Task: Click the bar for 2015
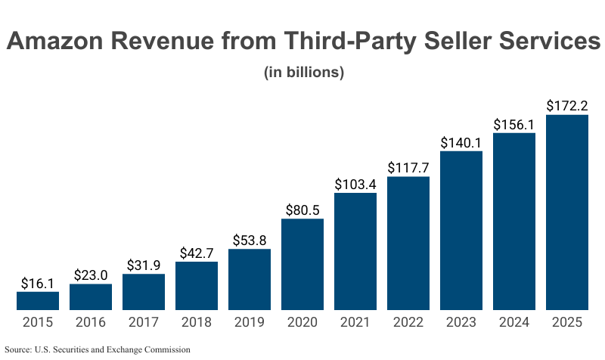[38, 301]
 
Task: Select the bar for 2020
[302, 264]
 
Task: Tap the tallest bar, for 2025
[567, 213]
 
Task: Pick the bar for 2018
[197, 286]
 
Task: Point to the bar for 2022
[408, 244]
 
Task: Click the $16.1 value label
[38, 283]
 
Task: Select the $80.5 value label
[302, 209]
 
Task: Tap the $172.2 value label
[567, 105]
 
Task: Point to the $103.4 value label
[355, 184]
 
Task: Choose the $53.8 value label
[250, 240]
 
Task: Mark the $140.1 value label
[461, 141]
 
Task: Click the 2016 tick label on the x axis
[91, 322]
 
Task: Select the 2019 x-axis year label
[250, 322]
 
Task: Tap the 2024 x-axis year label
[514, 322]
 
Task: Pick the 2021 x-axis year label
[355, 322]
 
